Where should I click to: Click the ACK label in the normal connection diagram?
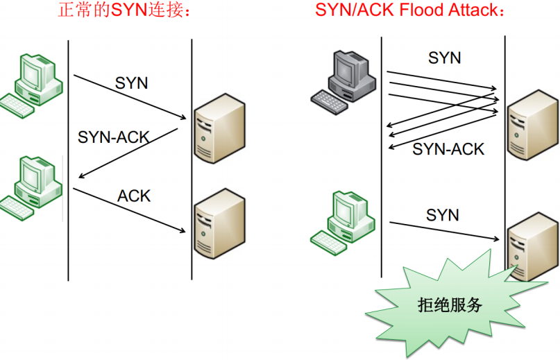click(134, 196)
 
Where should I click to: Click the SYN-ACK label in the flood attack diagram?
click(448, 148)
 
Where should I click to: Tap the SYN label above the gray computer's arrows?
click(445, 58)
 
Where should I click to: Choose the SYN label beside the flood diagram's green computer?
click(443, 215)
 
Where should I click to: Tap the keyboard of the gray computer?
click(330, 99)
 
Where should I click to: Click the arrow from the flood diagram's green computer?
click(444, 231)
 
